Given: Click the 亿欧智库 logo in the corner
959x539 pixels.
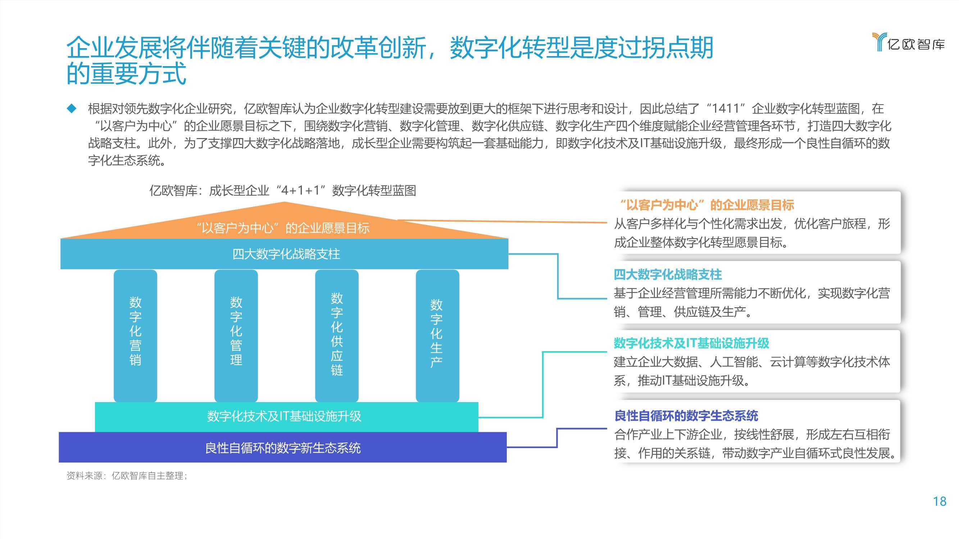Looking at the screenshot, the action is pos(908,42).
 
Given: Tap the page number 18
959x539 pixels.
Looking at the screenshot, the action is pos(939,501).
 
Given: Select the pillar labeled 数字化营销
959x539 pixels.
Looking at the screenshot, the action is pos(135,336).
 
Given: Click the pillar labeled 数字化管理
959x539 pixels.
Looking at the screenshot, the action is pos(236,336).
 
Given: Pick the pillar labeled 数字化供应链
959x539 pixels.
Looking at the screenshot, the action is pos(337,336).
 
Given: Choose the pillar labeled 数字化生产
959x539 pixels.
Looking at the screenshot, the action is pos(437,336).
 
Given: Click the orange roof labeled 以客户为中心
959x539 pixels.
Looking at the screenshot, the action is pos(285,223).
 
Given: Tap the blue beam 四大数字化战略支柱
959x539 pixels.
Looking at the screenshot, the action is pos(285,254).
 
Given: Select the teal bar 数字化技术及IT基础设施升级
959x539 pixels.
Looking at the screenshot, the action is pos(286,416).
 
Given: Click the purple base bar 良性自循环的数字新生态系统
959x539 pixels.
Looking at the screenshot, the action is pos(283,447).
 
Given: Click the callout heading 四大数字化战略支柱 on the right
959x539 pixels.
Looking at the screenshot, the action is pos(668,275).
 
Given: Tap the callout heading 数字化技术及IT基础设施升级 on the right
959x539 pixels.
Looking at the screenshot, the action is pos(691,343).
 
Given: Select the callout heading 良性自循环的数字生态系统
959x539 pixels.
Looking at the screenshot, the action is pos(686,415).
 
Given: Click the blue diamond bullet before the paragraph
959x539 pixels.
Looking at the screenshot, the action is pos(71,108).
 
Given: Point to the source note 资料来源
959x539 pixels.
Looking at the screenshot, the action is pos(127,475).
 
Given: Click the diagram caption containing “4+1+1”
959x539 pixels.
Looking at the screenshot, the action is pos(283,190).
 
